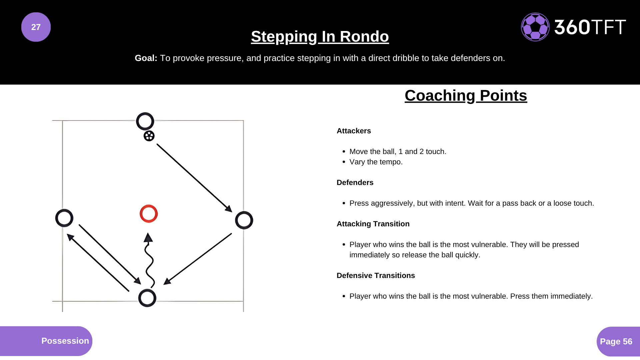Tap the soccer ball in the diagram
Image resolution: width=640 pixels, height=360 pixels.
tap(149, 136)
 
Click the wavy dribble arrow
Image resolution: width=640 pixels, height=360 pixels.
tap(149, 260)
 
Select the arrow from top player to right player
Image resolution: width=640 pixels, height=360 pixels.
tap(194, 178)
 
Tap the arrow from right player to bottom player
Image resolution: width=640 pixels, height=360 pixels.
tap(197, 259)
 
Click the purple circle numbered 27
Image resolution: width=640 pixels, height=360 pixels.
tap(36, 27)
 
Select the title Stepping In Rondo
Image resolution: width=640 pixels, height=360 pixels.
tap(320, 37)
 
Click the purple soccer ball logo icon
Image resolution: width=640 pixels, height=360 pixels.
tap(535, 27)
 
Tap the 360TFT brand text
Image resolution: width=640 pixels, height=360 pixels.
tap(590, 27)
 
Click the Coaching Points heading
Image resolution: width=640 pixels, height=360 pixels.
tap(466, 96)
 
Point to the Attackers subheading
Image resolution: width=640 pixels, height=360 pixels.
tap(354, 131)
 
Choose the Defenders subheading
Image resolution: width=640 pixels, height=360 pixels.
tap(355, 183)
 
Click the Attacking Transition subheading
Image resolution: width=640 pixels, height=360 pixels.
tap(373, 224)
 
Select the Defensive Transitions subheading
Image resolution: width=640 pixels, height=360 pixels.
tap(376, 276)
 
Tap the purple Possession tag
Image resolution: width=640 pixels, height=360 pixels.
tap(46, 341)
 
